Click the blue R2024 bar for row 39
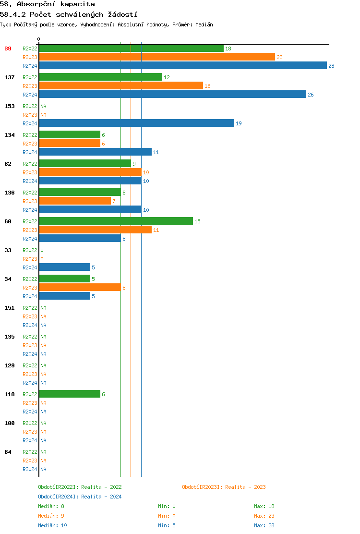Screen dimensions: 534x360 pos(183,66)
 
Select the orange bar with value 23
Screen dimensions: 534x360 pos(157,57)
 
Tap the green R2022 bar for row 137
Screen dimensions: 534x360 pos(101,77)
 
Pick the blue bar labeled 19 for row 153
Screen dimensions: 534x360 pos(137,123)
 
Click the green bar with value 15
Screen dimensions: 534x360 pos(116,221)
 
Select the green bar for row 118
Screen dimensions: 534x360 pos(70,394)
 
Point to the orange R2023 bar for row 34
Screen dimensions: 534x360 pos(80,288)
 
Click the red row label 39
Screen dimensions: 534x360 pos(8,49)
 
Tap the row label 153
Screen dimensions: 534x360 pos(10,106)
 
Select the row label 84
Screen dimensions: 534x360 pos(8,452)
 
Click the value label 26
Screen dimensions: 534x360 pos(311,95)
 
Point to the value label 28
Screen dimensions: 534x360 pos(331,66)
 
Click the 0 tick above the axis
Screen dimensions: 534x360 pos(39,39)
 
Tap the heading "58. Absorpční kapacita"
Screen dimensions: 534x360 pos(48,4)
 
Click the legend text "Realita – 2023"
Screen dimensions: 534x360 pos(245,487)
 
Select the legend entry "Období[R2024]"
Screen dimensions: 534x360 pos(59,497)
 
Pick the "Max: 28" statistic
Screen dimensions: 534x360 pos(264,525)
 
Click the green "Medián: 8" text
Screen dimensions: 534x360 pos(51,506)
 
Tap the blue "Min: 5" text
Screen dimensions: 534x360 pos(167,525)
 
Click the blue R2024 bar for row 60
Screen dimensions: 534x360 pos(80,239)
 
